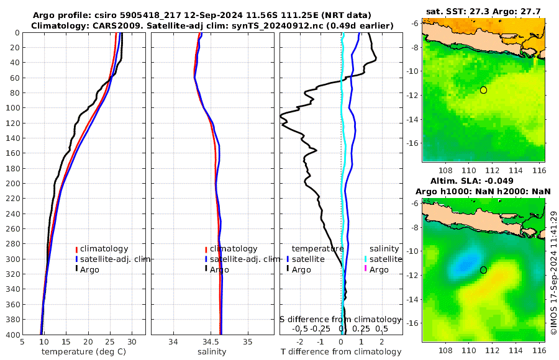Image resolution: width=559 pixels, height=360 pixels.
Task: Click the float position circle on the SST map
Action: (483, 90)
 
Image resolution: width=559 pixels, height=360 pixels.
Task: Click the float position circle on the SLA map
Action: (483, 270)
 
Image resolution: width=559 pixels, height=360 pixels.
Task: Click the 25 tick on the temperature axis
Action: (111, 341)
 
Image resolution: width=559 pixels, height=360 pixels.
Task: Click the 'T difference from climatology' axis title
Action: (341, 352)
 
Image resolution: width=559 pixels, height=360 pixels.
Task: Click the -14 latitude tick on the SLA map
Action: (415, 299)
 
